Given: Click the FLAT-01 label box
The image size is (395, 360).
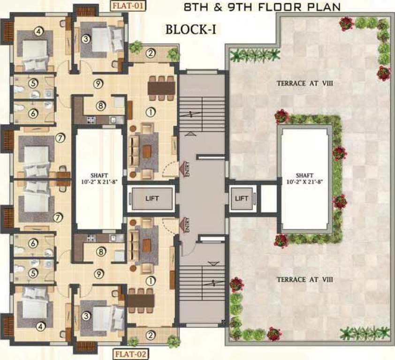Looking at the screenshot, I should (128, 6).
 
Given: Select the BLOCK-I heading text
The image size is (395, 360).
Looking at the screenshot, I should (190, 30).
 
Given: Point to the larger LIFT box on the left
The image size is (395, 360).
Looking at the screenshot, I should (152, 198).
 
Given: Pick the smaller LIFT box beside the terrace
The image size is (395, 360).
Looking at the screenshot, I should (242, 198).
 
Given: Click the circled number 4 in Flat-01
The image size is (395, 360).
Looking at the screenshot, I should (39, 32).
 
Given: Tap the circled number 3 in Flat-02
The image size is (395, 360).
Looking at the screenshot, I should (86, 316).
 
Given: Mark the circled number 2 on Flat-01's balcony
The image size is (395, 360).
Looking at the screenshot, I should (150, 53).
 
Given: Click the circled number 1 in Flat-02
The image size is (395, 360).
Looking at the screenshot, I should (150, 281).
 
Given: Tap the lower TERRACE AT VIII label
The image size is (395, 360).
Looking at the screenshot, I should (305, 279).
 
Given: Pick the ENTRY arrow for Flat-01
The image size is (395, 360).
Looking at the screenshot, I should (182, 166).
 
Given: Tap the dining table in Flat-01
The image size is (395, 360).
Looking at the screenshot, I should (161, 88).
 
